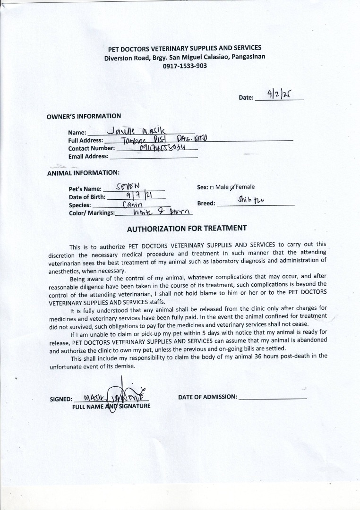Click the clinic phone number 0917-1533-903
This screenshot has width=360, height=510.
tap(184, 66)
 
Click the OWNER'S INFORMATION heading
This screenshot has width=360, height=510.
tap(84, 116)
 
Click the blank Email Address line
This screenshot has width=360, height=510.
tap(154, 156)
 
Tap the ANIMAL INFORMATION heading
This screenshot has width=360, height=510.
tap(83, 173)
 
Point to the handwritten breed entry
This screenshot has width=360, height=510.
tap(250, 201)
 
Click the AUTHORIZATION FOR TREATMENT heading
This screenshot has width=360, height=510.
tap(187, 228)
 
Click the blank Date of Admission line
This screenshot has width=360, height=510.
tap(273, 397)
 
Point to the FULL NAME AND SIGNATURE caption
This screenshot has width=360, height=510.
tap(111, 406)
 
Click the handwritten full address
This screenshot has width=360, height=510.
tap(161, 139)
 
